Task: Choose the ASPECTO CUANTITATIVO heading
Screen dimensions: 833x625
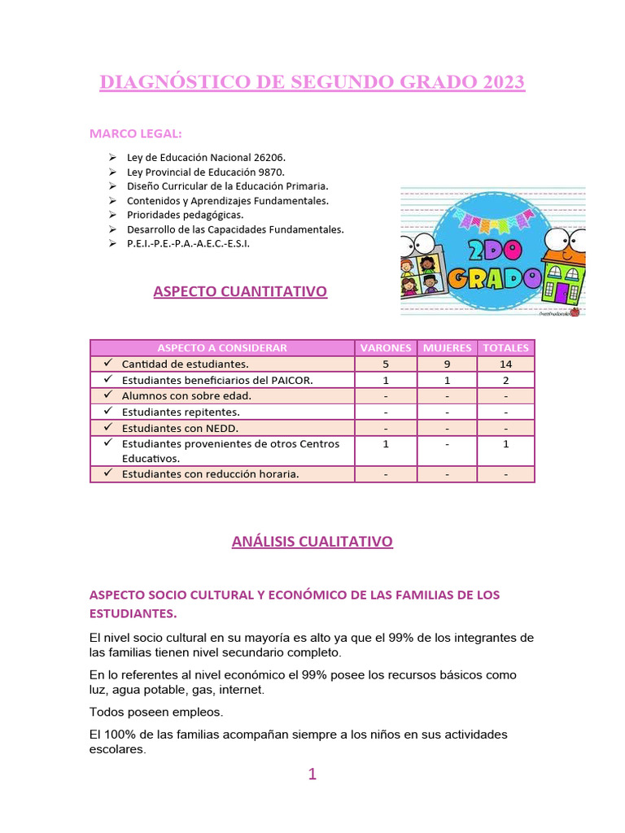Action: (x=240, y=291)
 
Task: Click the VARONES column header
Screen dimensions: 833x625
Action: (x=385, y=347)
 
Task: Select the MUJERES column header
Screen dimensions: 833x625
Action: (x=447, y=347)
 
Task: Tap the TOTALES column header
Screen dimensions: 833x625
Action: (x=505, y=347)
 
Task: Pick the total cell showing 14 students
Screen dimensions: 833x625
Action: (x=505, y=364)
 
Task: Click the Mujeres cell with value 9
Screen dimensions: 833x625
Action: (x=447, y=364)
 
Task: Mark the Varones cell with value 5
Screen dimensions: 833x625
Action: (x=385, y=364)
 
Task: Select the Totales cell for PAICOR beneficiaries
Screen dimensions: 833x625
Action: (x=505, y=380)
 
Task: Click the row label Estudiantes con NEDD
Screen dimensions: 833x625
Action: (x=180, y=428)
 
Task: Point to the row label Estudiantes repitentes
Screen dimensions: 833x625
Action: (x=181, y=412)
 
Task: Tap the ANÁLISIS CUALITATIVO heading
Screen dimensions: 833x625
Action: (x=312, y=541)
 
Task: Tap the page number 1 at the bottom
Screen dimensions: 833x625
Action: (x=312, y=774)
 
